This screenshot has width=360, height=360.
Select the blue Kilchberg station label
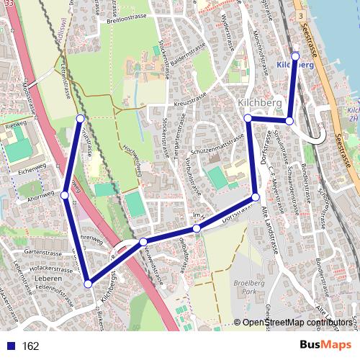point(295,65)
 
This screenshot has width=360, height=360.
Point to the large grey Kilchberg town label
point(259,104)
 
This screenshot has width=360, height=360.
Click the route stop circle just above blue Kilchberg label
point(295,55)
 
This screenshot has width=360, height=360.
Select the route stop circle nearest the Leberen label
point(88,284)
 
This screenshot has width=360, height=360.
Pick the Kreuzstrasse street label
point(191,100)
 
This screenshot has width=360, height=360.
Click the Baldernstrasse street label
point(188,52)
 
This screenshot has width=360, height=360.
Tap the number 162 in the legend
point(31,346)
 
